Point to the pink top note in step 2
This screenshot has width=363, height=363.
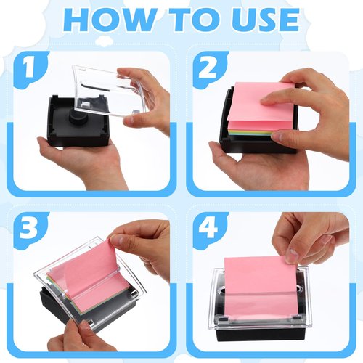pyautogui.click(x=258, y=102)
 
